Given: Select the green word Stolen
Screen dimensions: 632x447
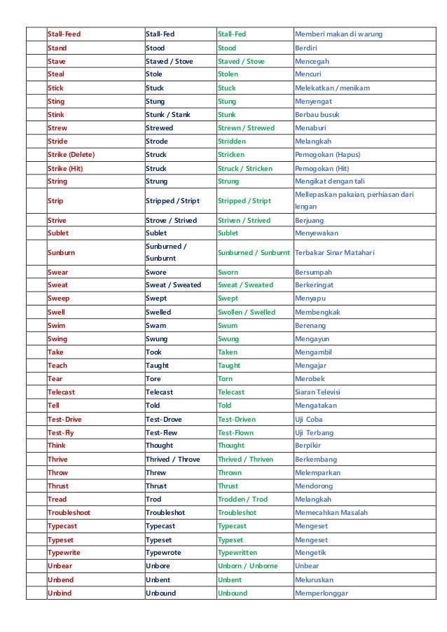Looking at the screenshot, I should [x=228, y=74].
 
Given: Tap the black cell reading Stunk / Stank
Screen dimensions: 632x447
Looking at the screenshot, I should [x=167, y=114].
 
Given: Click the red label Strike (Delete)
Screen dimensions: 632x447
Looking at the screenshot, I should [x=71, y=155].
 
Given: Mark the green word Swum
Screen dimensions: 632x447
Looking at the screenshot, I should [x=228, y=326].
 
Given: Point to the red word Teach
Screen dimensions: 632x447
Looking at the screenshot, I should [x=57, y=366].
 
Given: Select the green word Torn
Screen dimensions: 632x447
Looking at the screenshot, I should [x=226, y=379].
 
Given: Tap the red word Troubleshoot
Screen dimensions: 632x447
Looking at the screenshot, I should [x=69, y=513].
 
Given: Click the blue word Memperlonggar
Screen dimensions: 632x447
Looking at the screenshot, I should [x=322, y=593].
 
